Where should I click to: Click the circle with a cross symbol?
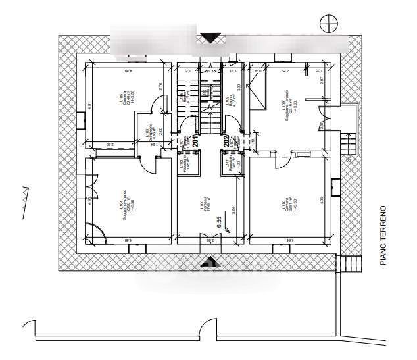(326, 24)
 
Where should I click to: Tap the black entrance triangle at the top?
(210, 38)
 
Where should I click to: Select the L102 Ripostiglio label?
(185, 165)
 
